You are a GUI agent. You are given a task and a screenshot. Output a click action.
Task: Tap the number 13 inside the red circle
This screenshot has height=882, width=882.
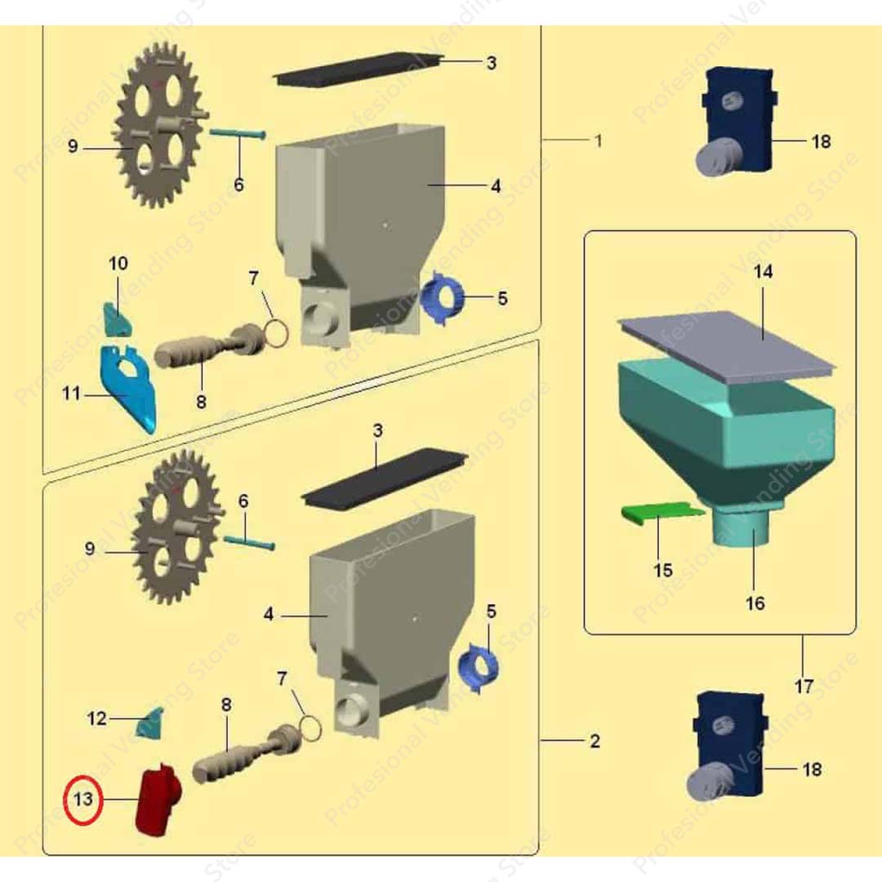point(83,799)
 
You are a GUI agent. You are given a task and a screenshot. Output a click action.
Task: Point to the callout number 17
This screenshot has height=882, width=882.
point(804,687)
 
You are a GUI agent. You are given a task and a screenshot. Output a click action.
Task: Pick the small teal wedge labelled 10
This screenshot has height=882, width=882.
point(118,318)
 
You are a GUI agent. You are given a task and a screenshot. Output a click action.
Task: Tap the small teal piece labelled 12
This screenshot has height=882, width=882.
point(150,722)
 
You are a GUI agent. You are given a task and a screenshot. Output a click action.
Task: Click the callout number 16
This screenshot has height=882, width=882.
point(755,603)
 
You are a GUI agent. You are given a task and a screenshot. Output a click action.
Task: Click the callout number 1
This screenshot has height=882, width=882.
point(598,140)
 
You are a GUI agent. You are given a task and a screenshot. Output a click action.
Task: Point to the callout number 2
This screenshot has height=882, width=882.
point(595,742)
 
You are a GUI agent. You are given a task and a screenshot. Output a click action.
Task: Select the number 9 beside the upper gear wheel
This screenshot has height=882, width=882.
point(73,148)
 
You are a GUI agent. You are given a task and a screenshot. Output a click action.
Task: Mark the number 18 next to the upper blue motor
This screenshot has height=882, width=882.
point(821,141)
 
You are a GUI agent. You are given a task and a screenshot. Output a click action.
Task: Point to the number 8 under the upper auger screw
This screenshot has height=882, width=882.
point(201,402)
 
